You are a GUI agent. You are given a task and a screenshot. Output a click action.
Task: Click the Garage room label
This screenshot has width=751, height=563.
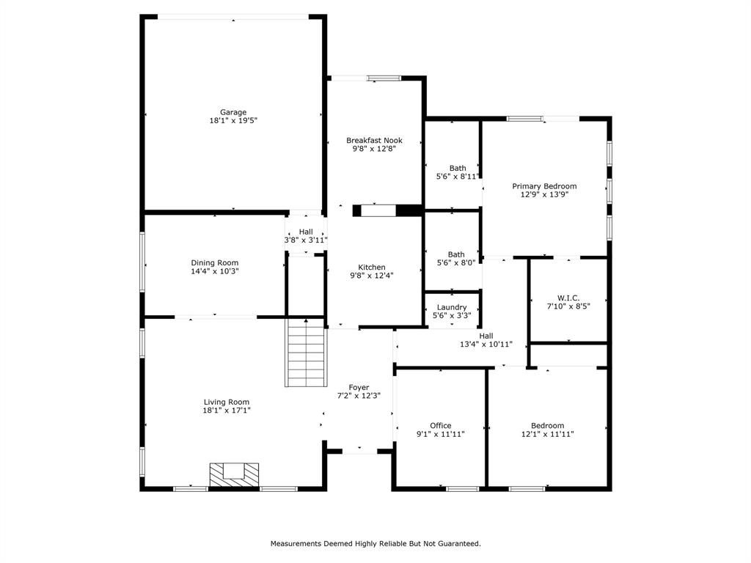point(233,112)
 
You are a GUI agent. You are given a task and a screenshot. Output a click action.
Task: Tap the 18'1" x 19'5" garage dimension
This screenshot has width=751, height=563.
point(233,121)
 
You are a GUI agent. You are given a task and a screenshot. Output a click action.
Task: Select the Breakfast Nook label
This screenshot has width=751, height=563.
point(374,140)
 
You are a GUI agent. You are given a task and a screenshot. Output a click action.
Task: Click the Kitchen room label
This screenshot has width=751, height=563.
point(372,267)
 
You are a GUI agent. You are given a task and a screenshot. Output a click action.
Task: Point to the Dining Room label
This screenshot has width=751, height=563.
point(214,262)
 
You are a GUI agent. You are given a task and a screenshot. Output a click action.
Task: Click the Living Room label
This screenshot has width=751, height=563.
point(227,402)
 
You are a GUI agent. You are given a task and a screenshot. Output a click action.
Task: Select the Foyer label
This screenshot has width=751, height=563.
point(359,387)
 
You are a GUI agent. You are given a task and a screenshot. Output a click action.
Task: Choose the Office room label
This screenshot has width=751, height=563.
point(440,425)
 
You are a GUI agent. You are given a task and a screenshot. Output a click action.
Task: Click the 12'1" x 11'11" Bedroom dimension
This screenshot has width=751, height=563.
point(547,434)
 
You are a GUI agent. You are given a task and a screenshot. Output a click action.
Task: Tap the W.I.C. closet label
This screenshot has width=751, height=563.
point(568,298)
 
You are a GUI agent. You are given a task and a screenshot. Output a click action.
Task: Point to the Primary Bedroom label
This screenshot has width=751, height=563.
point(544,186)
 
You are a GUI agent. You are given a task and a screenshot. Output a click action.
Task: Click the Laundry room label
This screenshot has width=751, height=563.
point(452,307)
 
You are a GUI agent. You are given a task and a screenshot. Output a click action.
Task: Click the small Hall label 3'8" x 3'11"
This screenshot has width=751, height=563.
point(306,240)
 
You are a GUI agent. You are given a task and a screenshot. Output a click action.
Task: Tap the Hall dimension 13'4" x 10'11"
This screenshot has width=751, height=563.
point(486,344)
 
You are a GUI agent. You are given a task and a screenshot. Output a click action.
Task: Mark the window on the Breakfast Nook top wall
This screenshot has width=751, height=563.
point(384,78)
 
